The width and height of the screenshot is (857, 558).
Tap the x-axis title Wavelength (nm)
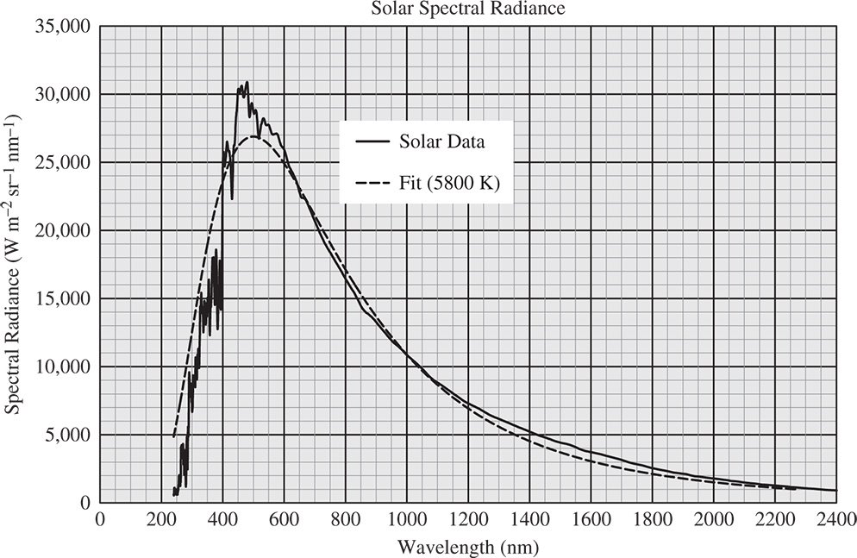(466, 546)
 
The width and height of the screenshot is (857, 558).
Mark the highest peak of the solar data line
(247, 82)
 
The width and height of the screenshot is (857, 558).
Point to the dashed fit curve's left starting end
(174, 436)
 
